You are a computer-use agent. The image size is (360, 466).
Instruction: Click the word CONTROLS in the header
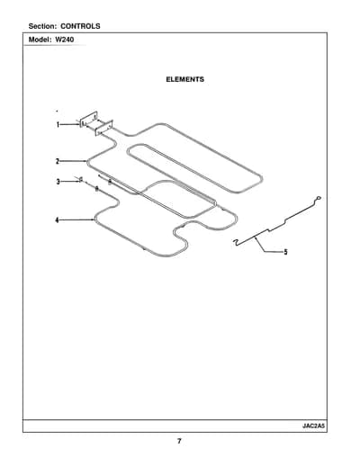coord(80,26)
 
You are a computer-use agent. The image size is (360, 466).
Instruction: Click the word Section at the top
coord(41,26)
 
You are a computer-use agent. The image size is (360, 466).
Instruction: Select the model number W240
coord(65,40)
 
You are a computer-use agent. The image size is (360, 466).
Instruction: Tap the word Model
coord(40,40)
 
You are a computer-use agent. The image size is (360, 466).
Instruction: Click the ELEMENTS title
coord(185,79)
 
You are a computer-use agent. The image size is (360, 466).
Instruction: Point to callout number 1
coord(58,124)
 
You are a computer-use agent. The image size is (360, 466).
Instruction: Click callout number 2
coord(58,161)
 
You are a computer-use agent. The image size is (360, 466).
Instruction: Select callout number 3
coord(58,182)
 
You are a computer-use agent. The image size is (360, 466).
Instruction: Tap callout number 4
coord(58,220)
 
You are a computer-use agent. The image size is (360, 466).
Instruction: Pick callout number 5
coord(285,252)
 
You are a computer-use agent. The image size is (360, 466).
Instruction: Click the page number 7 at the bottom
coord(179,441)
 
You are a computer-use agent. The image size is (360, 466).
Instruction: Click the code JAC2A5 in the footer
coord(313,426)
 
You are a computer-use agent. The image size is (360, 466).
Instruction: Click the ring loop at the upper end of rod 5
coord(319,198)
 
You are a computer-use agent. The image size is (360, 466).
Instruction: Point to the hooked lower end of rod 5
coord(236,242)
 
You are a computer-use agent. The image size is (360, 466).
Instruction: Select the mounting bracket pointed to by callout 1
coord(88,119)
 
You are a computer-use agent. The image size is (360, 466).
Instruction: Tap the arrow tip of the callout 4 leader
coord(94,220)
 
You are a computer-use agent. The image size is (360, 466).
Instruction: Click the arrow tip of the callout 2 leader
coord(86,161)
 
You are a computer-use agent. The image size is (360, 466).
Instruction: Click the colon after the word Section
coord(55,27)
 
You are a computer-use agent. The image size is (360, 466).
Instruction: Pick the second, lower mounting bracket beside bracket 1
coord(104,128)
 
